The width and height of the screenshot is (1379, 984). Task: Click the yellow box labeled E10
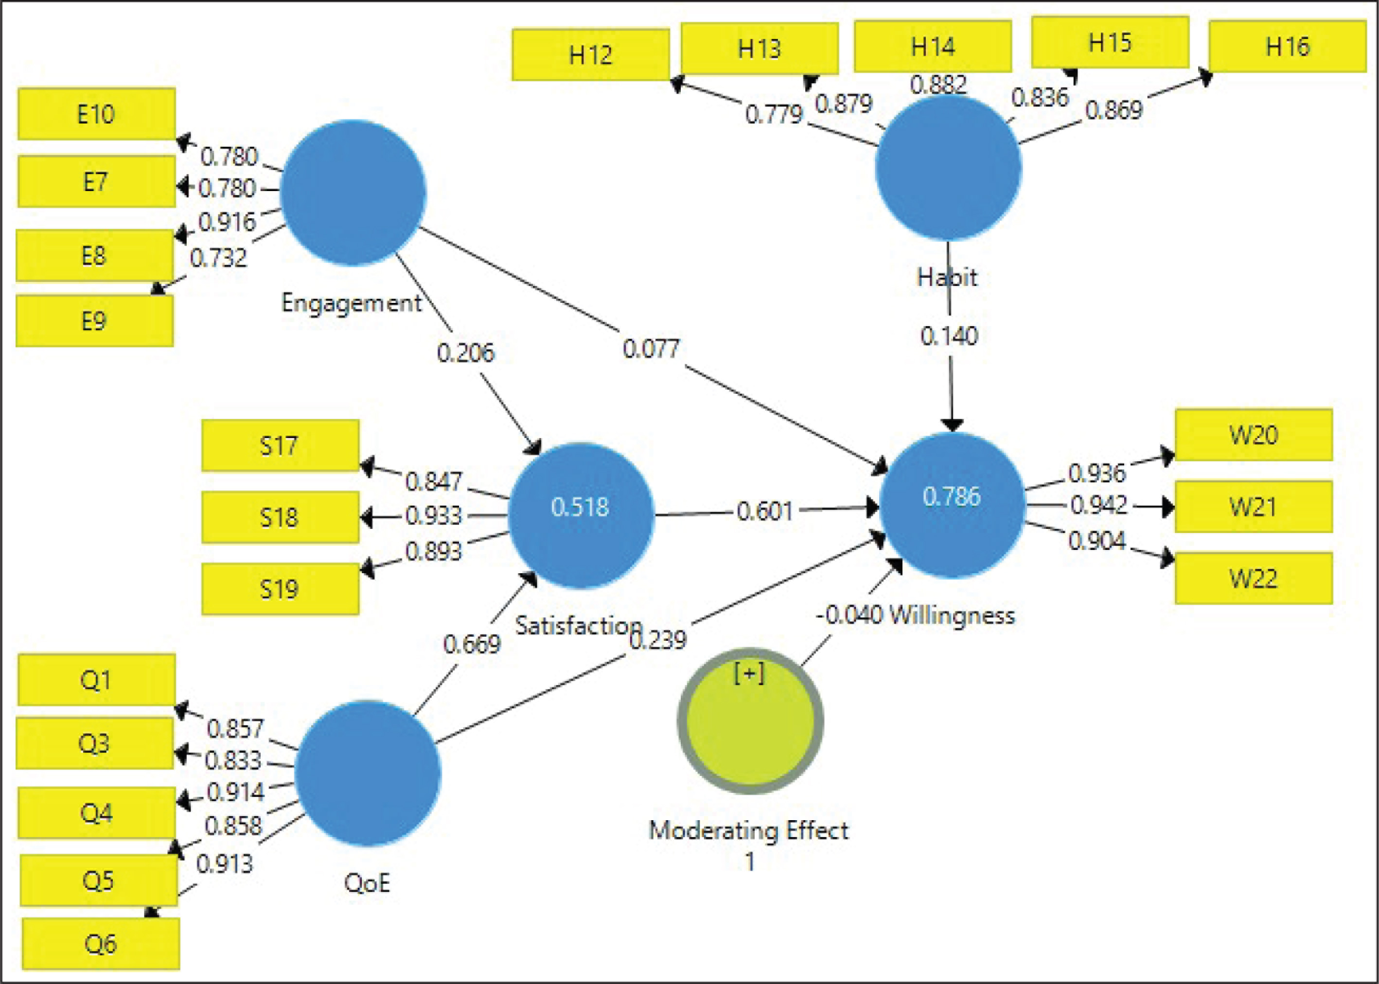pyautogui.click(x=97, y=114)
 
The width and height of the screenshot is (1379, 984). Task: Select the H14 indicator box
pyautogui.click(x=933, y=46)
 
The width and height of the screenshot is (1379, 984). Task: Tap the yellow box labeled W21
pyautogui.click(x=1254, y=507)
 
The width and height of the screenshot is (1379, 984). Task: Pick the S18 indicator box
pyautogui.click(x=280, y=517)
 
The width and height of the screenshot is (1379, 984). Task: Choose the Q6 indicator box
pyautogui.click(x=101, y=943)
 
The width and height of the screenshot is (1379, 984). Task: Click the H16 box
pyautogui.click(x=1288, y=46)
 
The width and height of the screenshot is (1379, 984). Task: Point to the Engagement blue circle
pyautogui.click(x=353, y=192)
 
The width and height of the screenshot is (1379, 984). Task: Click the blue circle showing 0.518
pyautogui.click(x=581, y=515)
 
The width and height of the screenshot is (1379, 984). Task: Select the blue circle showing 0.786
pyautogui.click(x=952, y=505)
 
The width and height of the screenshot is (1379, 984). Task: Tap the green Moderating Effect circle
pyautogui.click(x=750, y=721)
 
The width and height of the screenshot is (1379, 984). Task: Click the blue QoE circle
pyautogui.click(x=368, y=773)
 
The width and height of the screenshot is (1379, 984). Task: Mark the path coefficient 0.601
pyautogui.click(x=765, y=511)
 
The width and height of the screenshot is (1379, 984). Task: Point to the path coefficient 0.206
pyautogui.click(x=465, y=352)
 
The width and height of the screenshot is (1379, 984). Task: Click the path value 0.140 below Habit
pyautogui.click(x=949, y=335)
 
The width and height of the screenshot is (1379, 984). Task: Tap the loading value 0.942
pyautogui.click(x=1099, y=505)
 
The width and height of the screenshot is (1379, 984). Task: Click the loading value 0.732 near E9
pyautogui.click(x=218, y=258)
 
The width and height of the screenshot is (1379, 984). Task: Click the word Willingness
pyautogui.click(x=952, y=615)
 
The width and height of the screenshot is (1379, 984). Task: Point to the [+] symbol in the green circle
pyautogui.click(x=749, y=672)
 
